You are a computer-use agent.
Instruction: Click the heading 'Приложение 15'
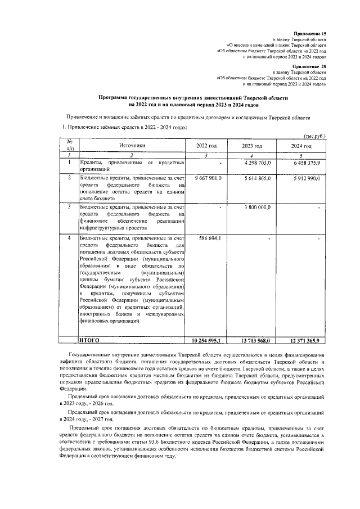click(x=310, y=35)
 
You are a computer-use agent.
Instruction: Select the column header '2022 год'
click(x=206, y=146)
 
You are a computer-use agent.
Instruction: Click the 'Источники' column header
click(x=132, y=145)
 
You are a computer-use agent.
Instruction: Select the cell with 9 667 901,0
click(x=209, y=178)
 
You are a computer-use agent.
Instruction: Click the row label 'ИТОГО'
click(x=89, y=340)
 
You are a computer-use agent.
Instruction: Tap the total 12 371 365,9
click(x=305, y=341)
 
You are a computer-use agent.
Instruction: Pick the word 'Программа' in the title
click(x=115, y=97)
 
